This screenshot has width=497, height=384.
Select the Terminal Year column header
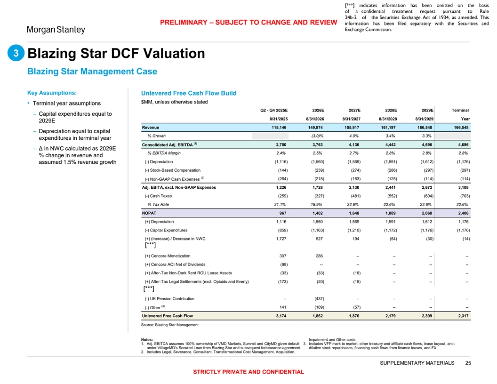460,114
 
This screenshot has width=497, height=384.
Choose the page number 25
467,363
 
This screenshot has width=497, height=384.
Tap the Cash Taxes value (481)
353,196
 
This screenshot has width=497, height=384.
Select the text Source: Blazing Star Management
170,325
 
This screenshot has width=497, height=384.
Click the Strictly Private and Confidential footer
248,372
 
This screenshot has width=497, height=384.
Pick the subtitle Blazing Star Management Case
92,72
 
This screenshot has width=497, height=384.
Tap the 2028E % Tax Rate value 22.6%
389,204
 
